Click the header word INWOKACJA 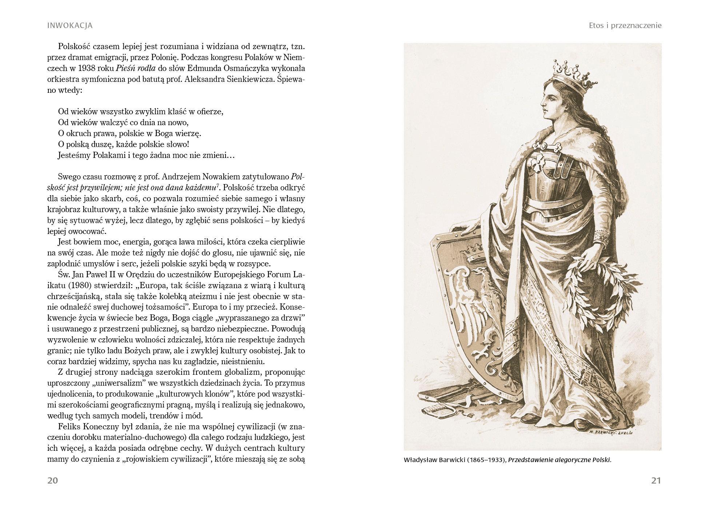tap(70, 25)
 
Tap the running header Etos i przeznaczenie tap(625, 25)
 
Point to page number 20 tap(53, 481)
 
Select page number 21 tap(656, 481)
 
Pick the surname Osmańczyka tap(216, 68)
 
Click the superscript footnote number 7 tap(218, 186)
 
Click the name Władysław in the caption tap(421, 460)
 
